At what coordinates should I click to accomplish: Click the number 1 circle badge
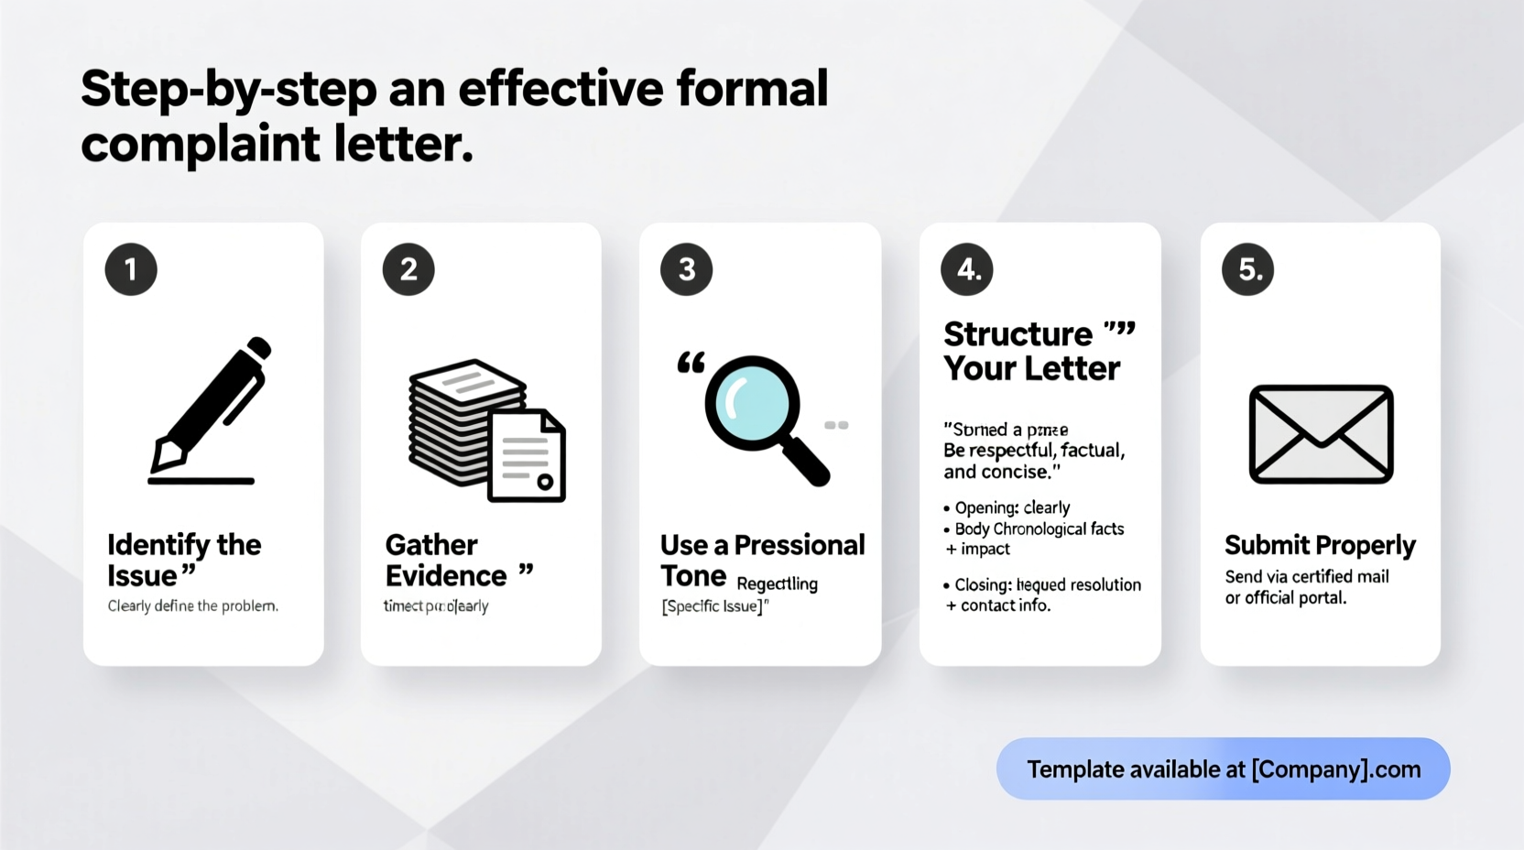point(131,269)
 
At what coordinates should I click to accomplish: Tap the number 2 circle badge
point(408,269)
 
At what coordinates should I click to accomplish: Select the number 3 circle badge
point(687,269)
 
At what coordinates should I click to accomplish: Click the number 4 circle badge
point(967,269)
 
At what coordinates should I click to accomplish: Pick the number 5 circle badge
point(1248,269)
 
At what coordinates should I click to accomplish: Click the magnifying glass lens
point(752,403)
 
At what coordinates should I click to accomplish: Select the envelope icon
point(1321,434)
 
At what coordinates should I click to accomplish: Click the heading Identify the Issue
point(183,560)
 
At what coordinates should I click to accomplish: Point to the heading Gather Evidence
point(446,560)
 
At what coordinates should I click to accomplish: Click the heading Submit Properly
point(1320,545)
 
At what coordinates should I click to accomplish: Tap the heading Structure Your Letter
point(1031,351)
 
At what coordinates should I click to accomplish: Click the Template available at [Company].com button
point(1223,768)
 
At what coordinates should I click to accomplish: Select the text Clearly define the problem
point(192,605)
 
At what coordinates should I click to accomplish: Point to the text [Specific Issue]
point(714,606)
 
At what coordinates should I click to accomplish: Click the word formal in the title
point(752,89)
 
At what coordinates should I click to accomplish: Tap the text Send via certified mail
point(1307,576)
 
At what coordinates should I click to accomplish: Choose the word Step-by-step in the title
point(229,89)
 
